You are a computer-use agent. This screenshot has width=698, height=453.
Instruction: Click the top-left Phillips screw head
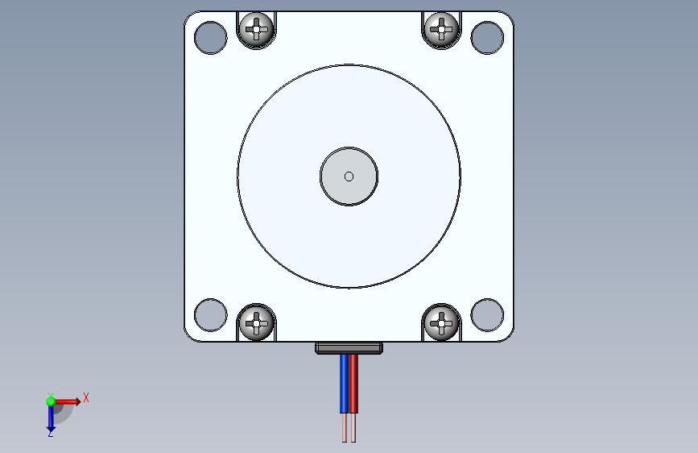(257, 31)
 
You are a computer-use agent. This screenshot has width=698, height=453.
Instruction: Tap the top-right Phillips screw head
(441, 30)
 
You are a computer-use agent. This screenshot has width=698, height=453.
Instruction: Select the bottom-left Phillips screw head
(257, 322)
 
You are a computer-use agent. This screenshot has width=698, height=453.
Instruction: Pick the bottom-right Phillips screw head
(441, 322)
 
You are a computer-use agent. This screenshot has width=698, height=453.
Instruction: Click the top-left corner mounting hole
(211, 37)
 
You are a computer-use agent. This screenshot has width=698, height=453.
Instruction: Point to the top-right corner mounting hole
(487, 37)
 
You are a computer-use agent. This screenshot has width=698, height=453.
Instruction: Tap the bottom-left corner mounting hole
(211, 314)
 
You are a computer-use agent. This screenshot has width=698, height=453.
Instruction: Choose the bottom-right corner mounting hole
(487, 314)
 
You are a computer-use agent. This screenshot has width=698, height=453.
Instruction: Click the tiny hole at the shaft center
(349, 177)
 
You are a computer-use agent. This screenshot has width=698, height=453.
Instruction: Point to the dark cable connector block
(349, 348)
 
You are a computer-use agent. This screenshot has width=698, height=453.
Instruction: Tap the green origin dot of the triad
(51, 401)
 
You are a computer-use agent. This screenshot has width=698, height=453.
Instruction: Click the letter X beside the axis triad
(86, 397)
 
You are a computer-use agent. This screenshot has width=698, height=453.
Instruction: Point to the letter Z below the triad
(50, 433)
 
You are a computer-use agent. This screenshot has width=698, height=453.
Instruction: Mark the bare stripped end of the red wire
(353, 428)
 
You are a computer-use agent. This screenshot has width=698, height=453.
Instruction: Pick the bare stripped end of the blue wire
(345, 428)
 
